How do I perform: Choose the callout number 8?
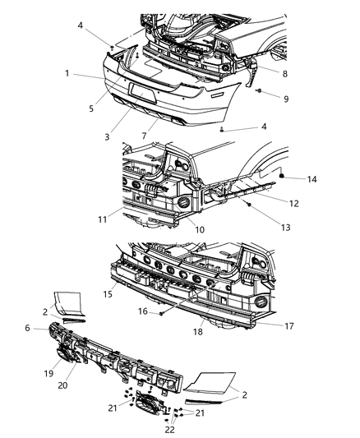pos(285,73)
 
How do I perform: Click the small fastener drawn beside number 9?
pos(257,90)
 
